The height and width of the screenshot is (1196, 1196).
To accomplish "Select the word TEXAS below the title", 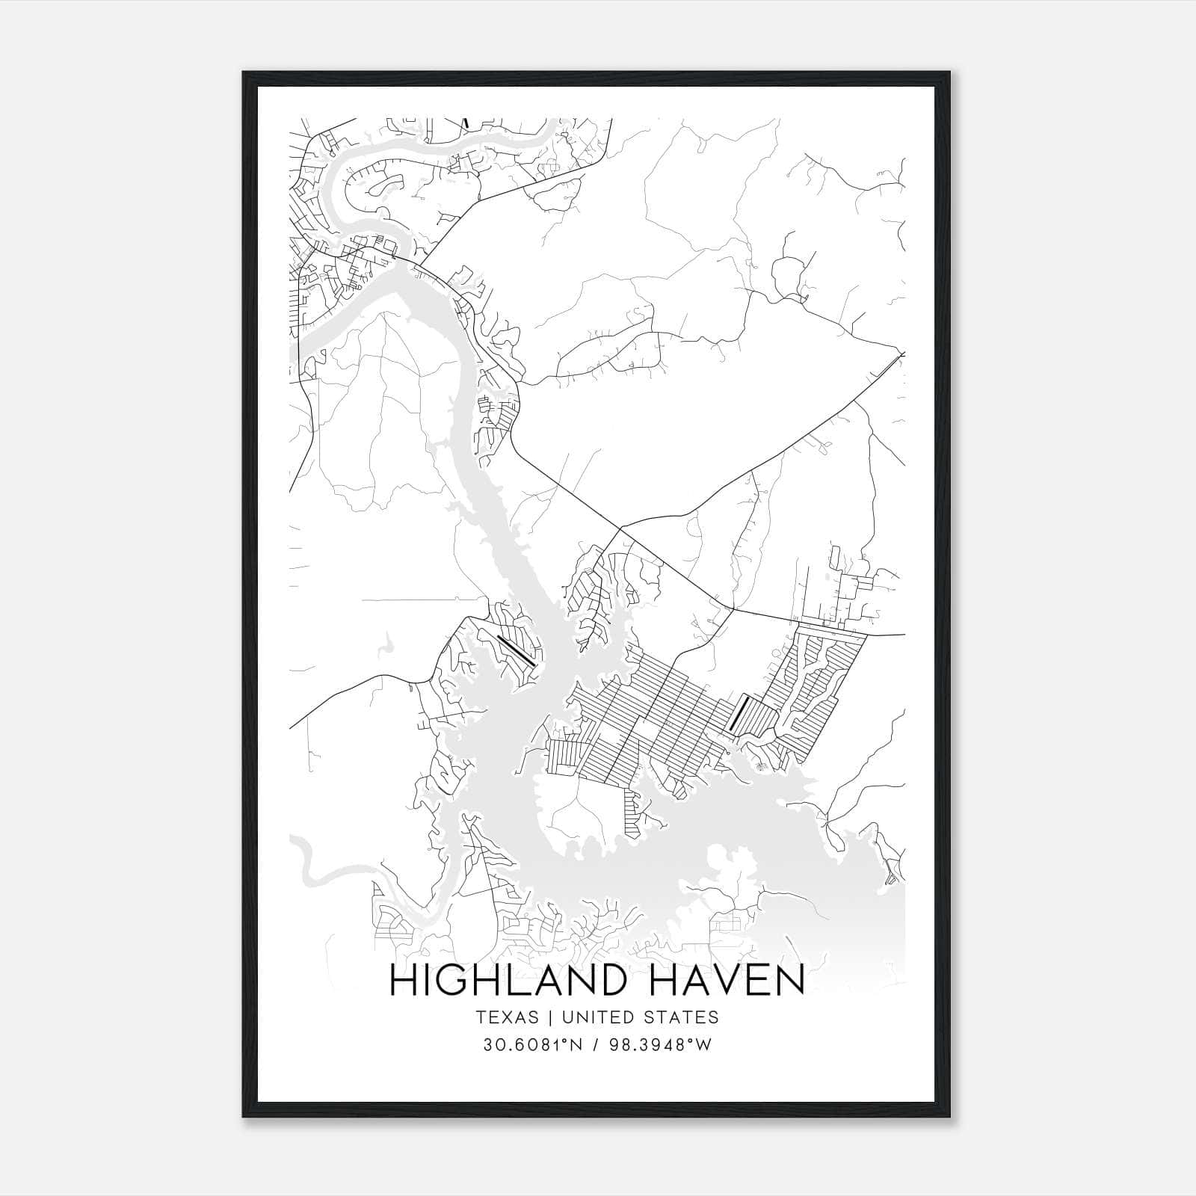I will coord(505,1017).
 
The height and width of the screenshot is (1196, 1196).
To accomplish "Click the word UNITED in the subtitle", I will coord(593,1017).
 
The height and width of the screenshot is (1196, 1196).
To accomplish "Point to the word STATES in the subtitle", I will coord(682,1017).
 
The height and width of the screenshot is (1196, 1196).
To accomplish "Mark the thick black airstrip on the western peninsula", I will coord(516,650).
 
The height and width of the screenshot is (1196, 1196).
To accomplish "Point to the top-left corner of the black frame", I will coord(244,73).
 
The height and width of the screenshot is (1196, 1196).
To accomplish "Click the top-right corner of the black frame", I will coord(951,73).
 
